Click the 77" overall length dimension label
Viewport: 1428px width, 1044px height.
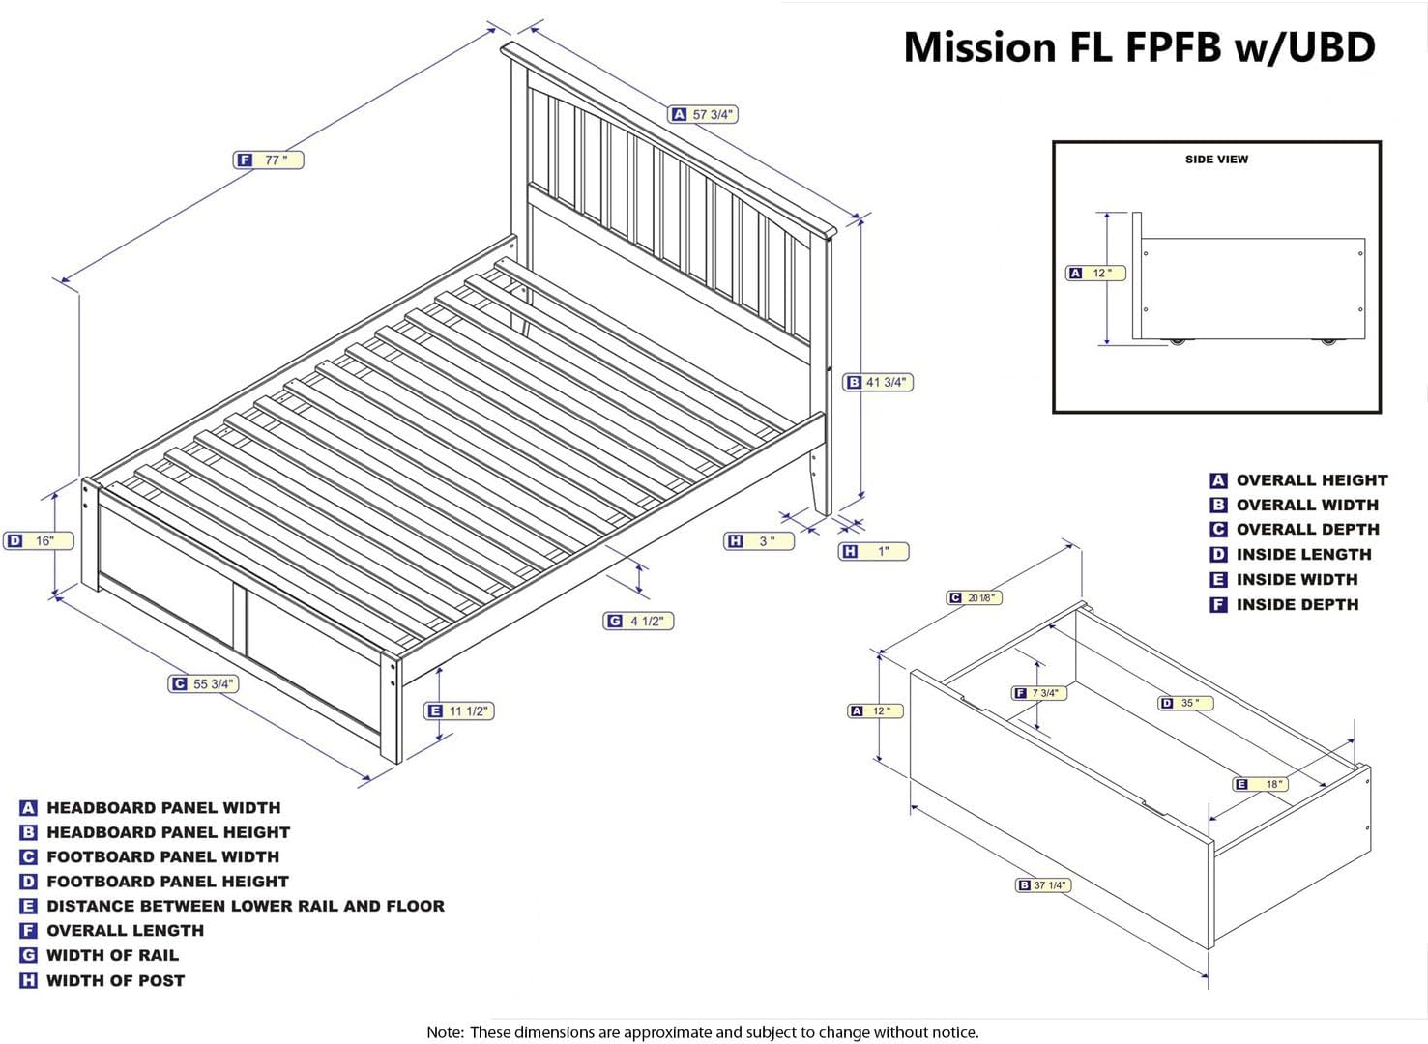click(269, 159)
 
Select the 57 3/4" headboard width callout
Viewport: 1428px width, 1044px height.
click(703, 114)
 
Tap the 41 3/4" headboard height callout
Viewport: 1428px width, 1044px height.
click(878, 382)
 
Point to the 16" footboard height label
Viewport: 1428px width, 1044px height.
click(39, 540)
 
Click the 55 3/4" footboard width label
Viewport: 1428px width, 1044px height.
click(204, 683)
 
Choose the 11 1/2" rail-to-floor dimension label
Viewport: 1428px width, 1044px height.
click(459, 710)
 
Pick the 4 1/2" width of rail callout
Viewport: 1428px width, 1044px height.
click(638, 621)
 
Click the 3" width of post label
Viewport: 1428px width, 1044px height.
click(759, 541)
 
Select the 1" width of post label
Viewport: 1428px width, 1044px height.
click(873, 551)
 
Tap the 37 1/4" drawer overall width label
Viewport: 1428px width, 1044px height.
click(1043, 884)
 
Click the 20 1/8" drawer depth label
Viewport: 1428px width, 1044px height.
click(975, 597)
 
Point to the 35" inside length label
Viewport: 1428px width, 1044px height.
click(1185, 703)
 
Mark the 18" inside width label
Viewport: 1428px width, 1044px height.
click(1261, 783)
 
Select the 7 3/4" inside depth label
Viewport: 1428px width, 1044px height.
click(1039, 692)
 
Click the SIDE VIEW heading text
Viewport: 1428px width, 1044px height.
click(1216, 159)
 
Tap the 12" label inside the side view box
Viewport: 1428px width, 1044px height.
click(1095, 273)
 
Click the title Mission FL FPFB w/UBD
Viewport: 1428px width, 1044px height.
click(1139, 47)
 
